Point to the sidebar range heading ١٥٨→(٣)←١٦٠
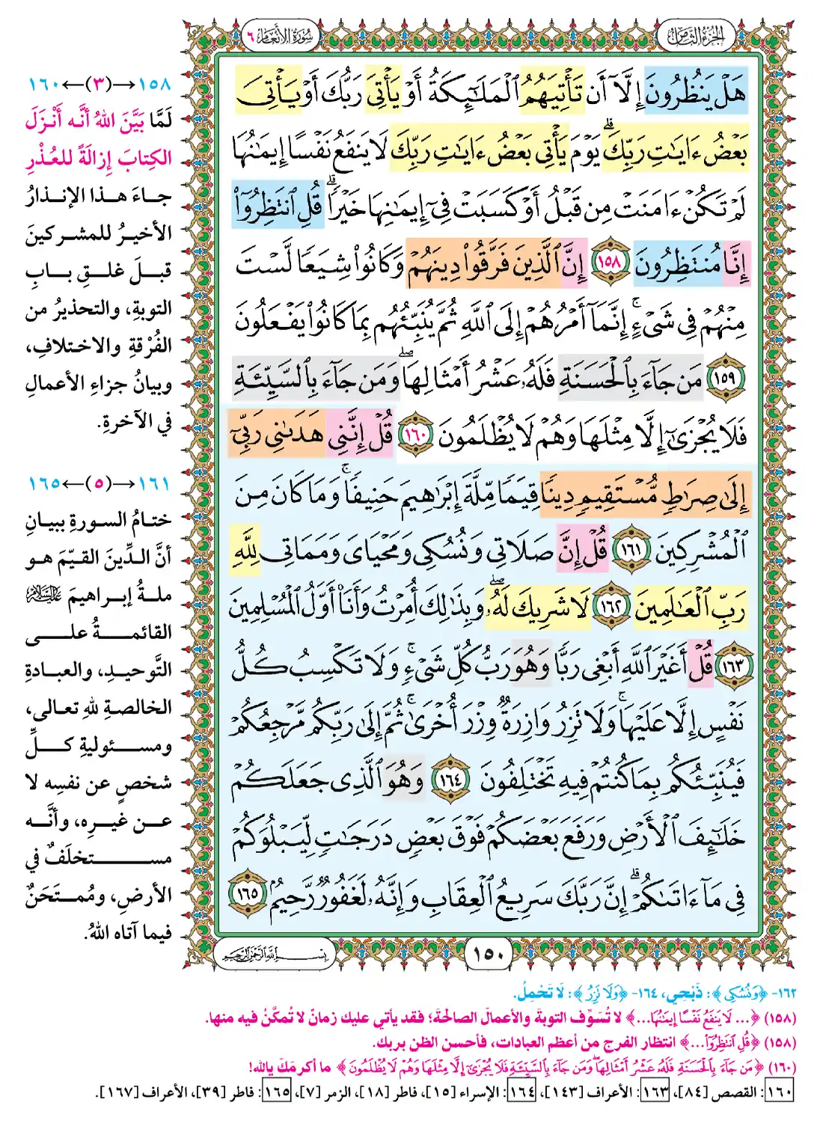point(100,84)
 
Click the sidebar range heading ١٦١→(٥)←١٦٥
point(100,483)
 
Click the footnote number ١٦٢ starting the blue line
point(785,993)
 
